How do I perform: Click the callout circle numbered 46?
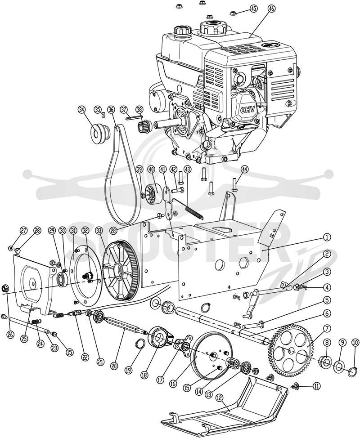271,9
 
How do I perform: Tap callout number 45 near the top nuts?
253,9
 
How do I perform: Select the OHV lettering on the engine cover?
247,110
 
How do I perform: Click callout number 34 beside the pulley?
81,110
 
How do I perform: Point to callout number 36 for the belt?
111,110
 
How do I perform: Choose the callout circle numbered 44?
245,169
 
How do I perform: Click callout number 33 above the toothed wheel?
99,230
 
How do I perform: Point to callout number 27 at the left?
24,230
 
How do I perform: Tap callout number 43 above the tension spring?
187,169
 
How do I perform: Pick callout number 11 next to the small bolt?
316,386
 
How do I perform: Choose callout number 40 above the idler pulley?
151,169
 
